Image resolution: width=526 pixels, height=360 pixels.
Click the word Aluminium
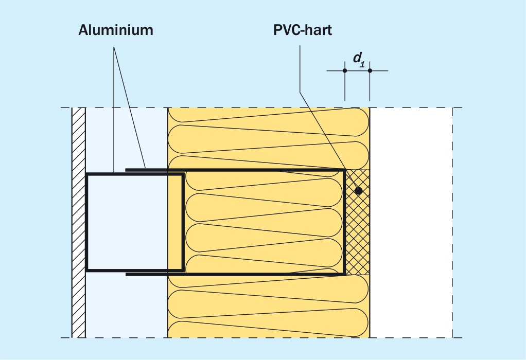116,30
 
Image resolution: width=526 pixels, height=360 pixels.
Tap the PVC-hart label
303,30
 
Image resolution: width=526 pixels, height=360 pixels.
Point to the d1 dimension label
359,60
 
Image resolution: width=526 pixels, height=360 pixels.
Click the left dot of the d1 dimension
345,70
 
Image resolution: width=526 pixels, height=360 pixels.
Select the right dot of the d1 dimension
370,70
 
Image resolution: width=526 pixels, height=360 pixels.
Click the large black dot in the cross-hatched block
359,191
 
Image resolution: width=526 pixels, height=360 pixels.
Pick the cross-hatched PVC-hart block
358,222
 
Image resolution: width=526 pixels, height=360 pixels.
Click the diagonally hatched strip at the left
79,223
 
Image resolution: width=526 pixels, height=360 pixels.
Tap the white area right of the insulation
411,223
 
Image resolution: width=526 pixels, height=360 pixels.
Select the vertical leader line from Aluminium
114,110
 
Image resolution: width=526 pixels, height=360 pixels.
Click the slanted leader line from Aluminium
130,107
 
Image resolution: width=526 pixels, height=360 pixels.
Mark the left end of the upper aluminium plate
126,170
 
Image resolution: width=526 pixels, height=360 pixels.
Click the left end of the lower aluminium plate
126,274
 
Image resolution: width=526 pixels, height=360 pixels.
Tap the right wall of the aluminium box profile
183,222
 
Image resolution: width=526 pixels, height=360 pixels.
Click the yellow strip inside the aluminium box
174,222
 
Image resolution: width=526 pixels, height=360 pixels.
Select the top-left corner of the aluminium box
86,174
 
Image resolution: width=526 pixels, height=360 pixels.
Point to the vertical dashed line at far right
452,223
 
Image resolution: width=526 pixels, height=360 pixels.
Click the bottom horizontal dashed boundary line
261,337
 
